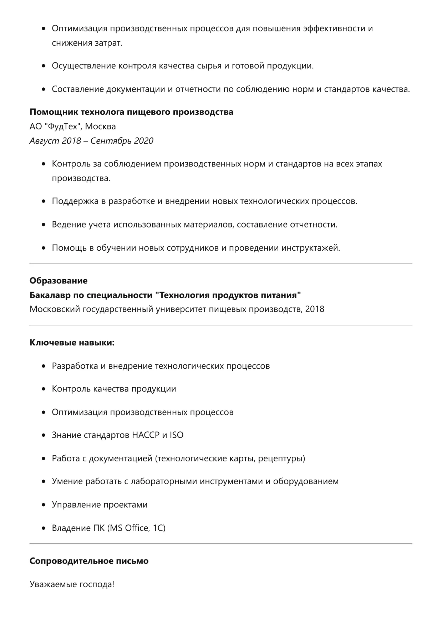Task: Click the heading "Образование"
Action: click(x=59, y=281)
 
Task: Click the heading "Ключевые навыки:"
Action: click(x=72, y=343)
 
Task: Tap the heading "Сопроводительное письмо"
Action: click(x=89, y=561)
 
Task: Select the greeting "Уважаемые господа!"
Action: click(x=72, y=584)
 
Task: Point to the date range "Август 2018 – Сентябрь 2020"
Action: click(x=91, y=140)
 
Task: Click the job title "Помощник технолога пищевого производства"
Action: click(x=131, y=112)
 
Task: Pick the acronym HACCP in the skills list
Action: click(x=146, y=435)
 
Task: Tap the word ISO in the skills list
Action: click(x=176, y=435)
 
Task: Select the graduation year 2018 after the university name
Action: click(x=315, y=309)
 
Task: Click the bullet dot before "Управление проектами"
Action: click(x=44, y=505)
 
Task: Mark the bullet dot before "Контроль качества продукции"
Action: click(x=44, y=389)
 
